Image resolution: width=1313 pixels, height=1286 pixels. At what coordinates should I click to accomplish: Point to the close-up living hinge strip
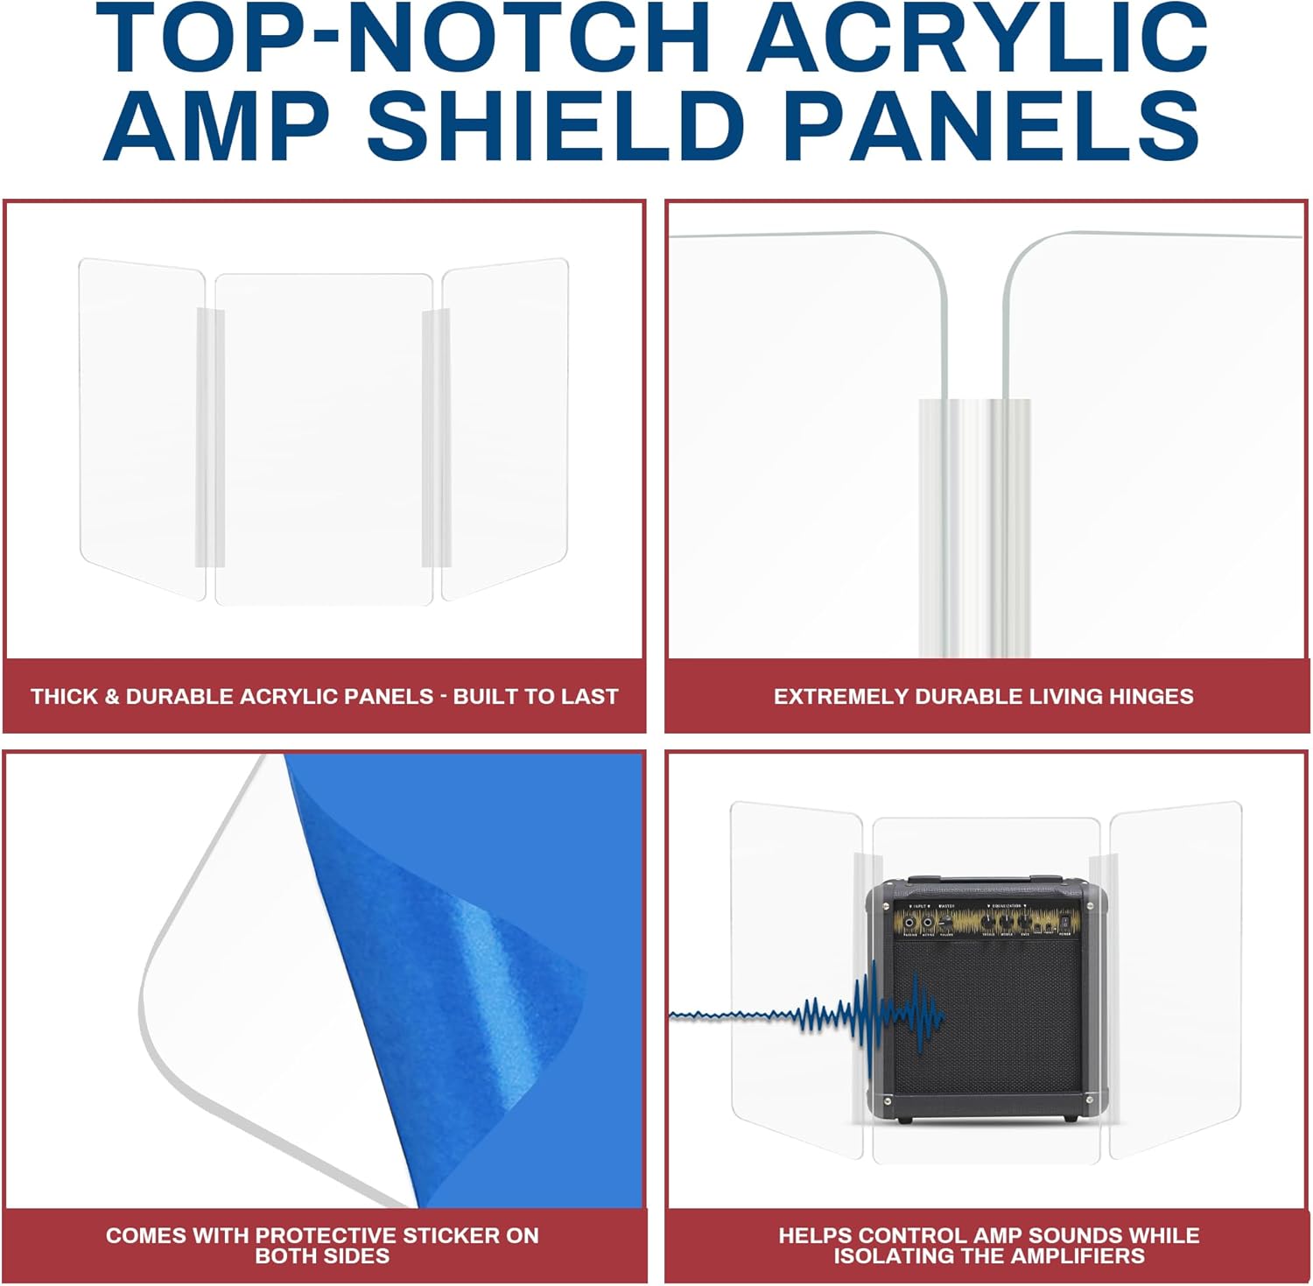click(x=974, y=525)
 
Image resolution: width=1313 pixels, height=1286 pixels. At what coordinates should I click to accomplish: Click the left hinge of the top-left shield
click(x=209, y=438)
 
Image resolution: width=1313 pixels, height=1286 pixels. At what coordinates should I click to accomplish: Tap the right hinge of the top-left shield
click(x=436, y=438)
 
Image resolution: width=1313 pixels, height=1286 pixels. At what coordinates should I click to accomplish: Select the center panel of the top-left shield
click(x=324, y=438)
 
